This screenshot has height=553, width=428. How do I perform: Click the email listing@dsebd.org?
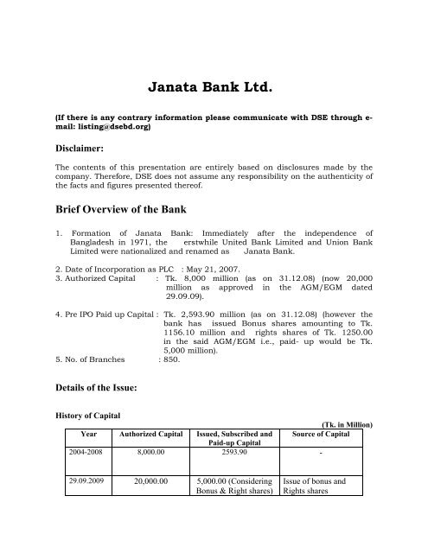click(105, 126)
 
